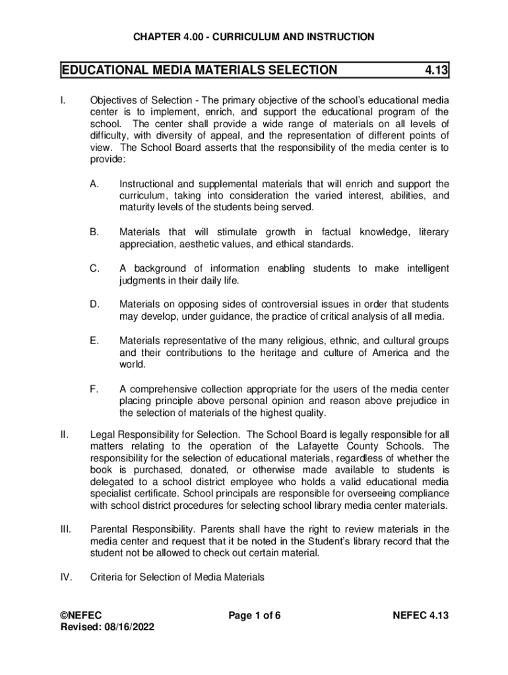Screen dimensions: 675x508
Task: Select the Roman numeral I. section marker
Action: click(61, 100)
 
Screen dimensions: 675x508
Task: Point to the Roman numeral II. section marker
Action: click(63, 434)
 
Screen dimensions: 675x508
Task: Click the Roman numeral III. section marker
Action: click(65, 529)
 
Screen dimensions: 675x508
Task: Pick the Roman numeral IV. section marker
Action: click(65, 577)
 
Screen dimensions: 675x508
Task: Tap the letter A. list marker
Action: click(94, 183)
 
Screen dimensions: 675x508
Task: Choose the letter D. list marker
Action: click(94, 305)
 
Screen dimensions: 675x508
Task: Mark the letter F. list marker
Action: click(94, 389)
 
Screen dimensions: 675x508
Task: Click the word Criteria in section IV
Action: click(107, 577)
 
